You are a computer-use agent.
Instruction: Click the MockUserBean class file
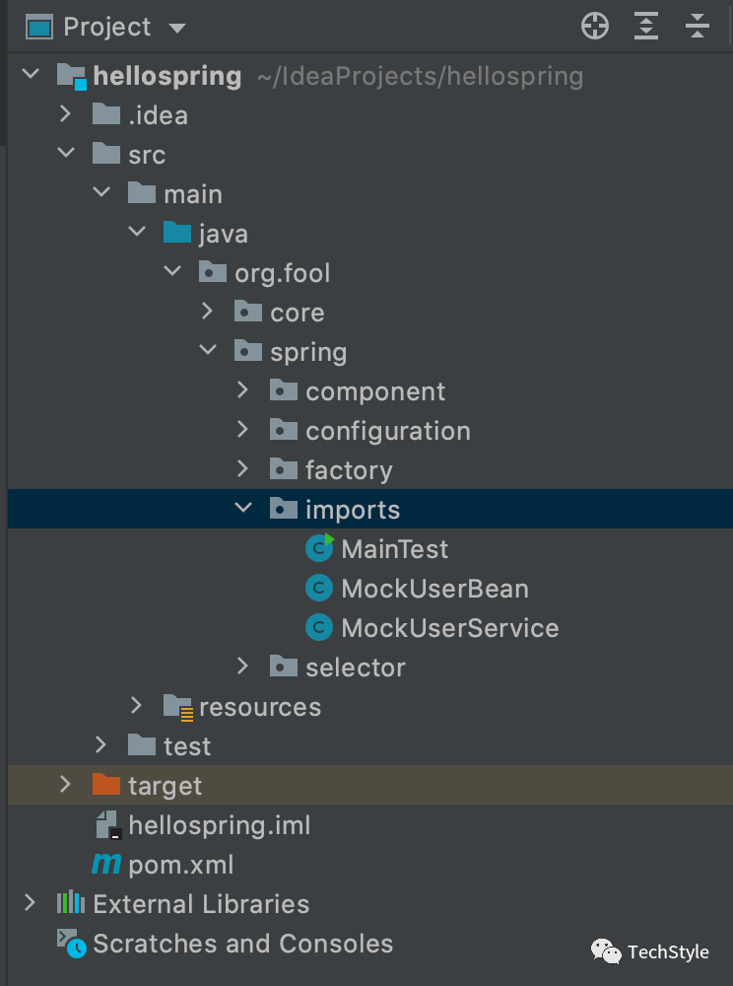pyautogui.click(x=434, y=589)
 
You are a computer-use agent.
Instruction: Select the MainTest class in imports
pyautogui.click(x=394, y=549)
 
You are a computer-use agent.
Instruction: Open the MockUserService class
pyautogui.click(x=449, y=628)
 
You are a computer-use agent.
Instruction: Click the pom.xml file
pyautogui.click(x=180, y=865)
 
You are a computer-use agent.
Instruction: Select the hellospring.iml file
pyautogui.click(x=219, y=825)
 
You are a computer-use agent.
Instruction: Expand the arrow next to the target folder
pyautogui.click(x=65, y=785)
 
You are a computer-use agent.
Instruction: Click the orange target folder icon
pyautogui.click(x=104, y=785)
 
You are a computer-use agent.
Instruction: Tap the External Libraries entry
pyautogui.click(x=201, y=904)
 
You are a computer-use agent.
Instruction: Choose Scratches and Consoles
pyautogui.click(x=242, y=944)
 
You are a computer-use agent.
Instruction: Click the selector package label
pyautogui.click(x=355, y=668)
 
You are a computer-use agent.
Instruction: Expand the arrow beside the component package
pyautogui.click(x=243, y=391)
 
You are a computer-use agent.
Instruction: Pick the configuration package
pyautogui.click(x=387, y=431)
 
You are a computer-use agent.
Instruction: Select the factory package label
pyautogui.click(x=349, y=470)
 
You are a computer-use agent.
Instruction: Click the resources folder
pyautogui.click(x=259, y=707)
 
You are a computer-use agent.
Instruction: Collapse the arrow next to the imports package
pyautogui.click(x=243, y=509)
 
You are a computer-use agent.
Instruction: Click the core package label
pyautogui.click(x=297, y=313)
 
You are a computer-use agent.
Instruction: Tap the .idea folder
pyautogui.click(x=157, y=115)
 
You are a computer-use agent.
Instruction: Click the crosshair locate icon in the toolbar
pyautogui.click(x=595, y=27)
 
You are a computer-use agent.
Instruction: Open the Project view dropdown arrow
pyautogui.click(x=177, y=28)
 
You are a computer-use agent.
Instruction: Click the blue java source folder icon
pyautogui.click(x=176, y=234)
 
